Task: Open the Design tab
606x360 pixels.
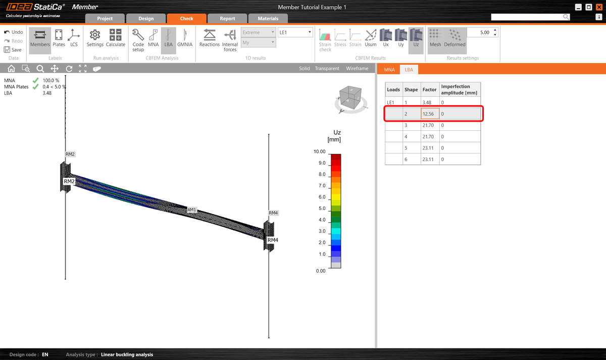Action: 146,19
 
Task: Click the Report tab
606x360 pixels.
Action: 227,19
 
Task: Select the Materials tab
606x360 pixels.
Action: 268,19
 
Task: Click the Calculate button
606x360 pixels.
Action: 115,38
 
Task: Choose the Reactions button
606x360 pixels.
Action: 210,38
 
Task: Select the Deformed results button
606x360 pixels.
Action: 454,38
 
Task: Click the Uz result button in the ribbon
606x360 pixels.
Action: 416,38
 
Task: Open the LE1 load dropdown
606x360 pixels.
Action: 295,32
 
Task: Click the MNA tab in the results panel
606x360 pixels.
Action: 389,69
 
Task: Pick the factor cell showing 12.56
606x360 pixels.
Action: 430,114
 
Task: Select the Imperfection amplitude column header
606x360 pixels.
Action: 459,89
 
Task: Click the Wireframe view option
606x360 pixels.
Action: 357,69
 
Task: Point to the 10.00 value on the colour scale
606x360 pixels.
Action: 319,151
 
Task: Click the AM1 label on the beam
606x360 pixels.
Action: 192,209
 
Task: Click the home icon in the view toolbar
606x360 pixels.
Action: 11,69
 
